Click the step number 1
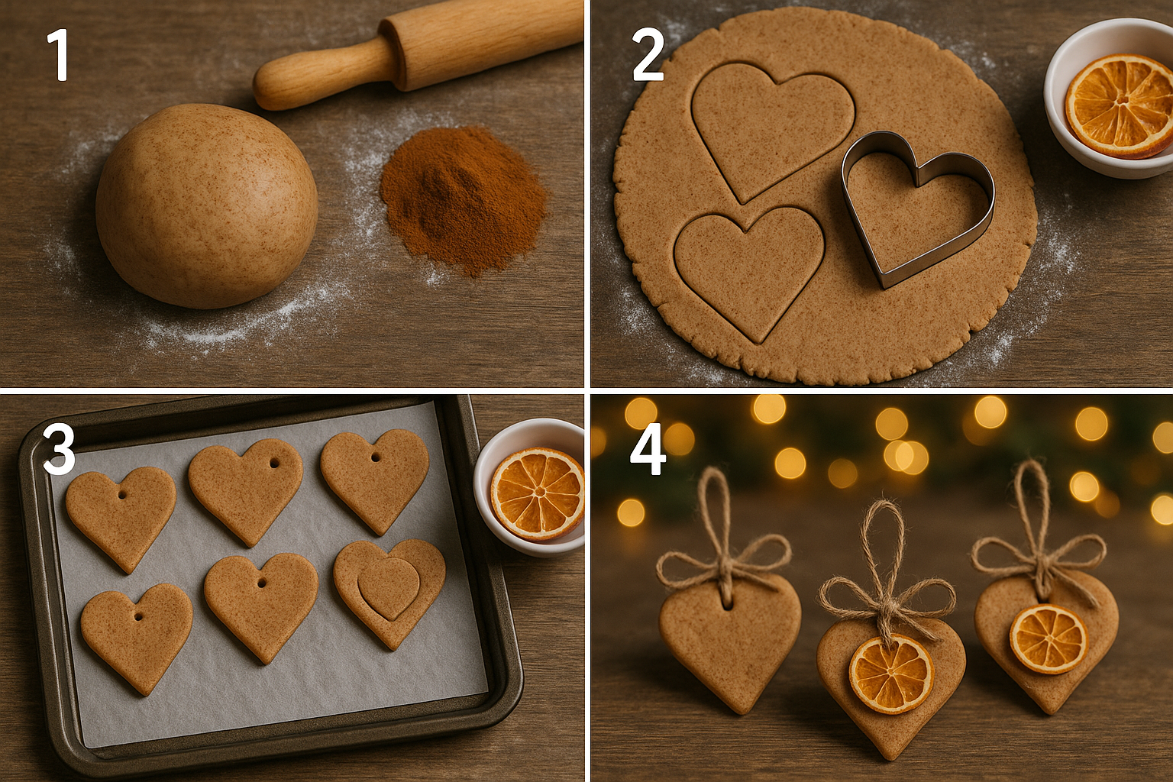click(x=58, y=55)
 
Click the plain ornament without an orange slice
click(x=729, y=641)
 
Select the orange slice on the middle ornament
click(x=891, y=673)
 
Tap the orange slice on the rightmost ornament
click(x=1048, y=638)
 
